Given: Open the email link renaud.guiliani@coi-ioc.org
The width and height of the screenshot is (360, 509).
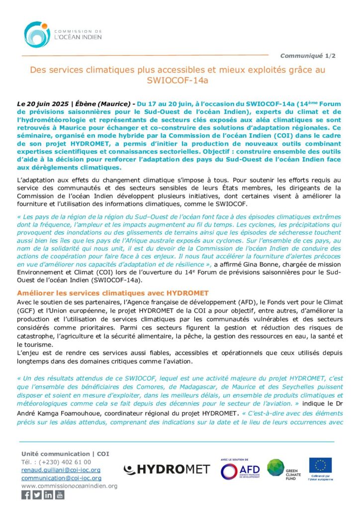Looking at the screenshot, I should tap(61, 470).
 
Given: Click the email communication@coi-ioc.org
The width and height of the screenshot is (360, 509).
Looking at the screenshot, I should tap(61, 478).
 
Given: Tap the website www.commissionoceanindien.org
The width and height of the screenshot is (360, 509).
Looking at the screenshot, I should tap(69, 486).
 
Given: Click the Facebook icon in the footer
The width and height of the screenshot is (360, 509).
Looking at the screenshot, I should tap(26, 495).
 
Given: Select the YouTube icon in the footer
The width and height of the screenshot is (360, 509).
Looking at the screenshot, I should tap(60, 495).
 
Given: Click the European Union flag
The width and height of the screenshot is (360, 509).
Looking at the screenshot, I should tap(320, 466).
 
